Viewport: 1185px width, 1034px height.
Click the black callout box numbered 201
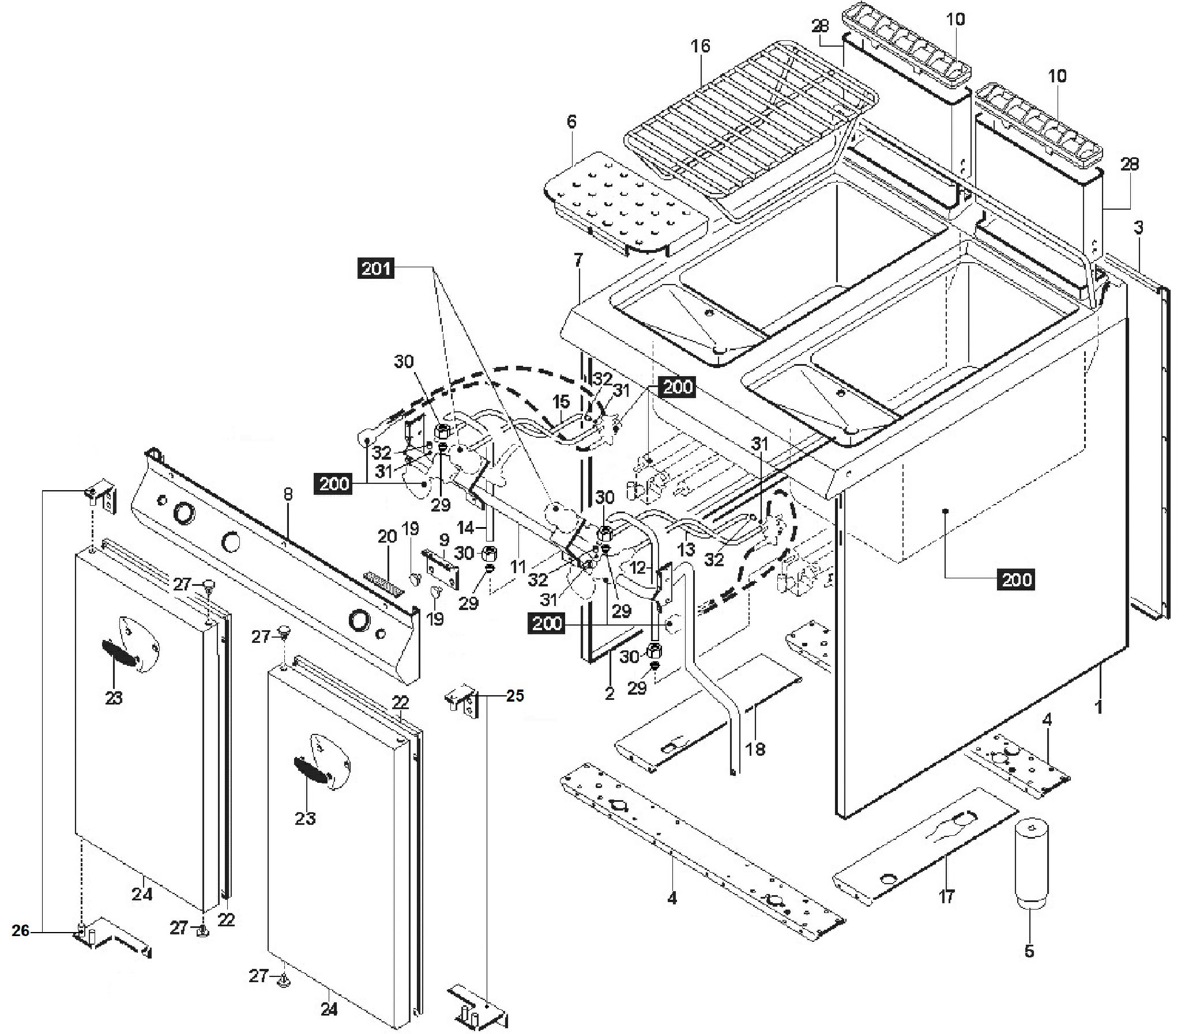(x=377, y=268)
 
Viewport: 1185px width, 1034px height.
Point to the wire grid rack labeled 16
(x=751, y=127)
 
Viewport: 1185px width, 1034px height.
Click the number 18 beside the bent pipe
(x=755, y=749)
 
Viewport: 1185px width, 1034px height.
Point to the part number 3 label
(x=1138, y=228)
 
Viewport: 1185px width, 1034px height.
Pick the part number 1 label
(x=1099, y=707)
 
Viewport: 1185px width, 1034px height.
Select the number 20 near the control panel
(x=387, y=537)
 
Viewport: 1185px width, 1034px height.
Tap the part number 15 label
(x=560, y=401)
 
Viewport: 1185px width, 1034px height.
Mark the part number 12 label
(x=637, y=568)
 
